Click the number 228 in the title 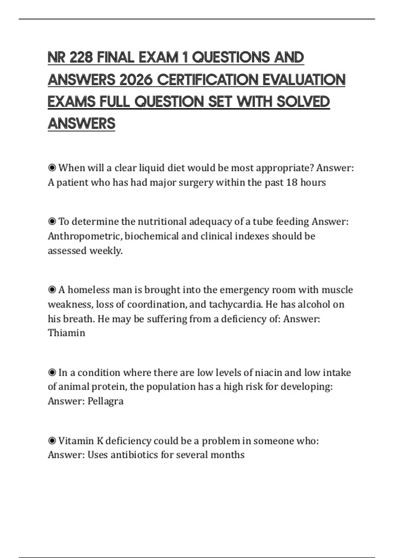point(81,58)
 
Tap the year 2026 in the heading point(136,80)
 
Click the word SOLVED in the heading point(303,102)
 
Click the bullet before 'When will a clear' point(52,168)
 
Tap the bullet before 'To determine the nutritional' point(52,222)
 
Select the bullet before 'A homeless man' point(52,290)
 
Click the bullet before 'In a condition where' point(52,373)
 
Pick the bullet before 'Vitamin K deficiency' point(52,441)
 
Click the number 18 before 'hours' point(292,182)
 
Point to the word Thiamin point(67,333)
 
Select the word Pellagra point(105,401)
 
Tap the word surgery point(197,182)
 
